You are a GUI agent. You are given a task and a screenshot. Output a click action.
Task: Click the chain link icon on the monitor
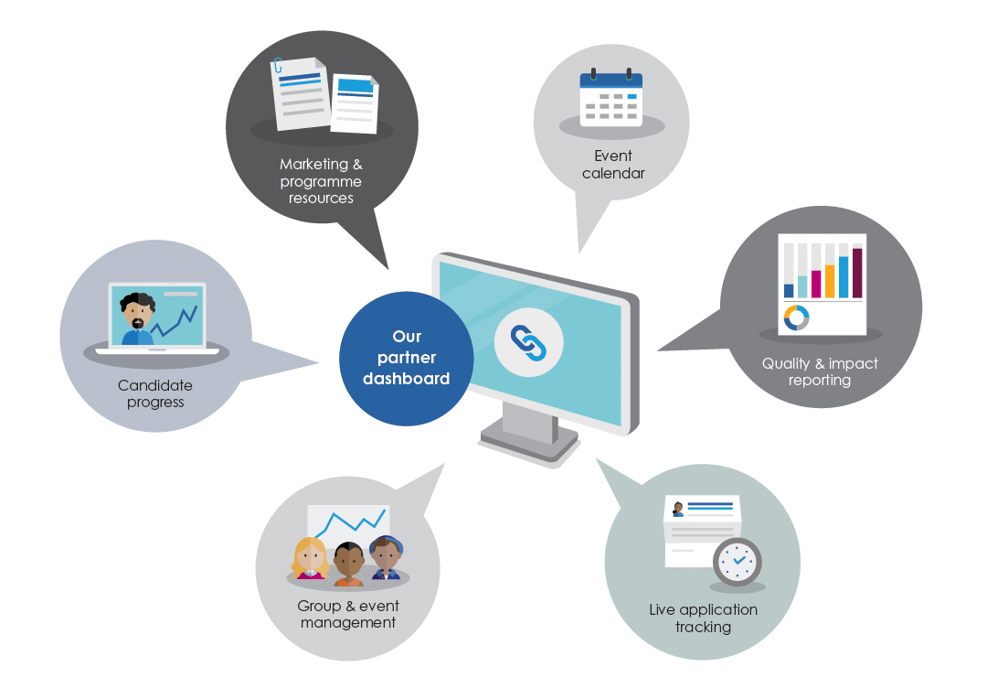pyautogui.click(x=529, y=343)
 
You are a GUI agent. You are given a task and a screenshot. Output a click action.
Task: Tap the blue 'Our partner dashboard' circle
pyautogui.click(x=407, y=358)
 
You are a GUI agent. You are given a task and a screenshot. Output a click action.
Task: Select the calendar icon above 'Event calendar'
pyautogui.click(x=610, y=97)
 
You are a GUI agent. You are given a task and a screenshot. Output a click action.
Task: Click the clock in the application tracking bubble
pyautogui.click(x=738, y=561)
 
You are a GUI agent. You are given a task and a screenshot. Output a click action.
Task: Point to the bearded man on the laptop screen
pyautogui.click(x=137, y=318)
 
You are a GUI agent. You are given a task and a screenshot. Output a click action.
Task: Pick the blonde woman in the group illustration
pyautogui.click(x=310, y=558)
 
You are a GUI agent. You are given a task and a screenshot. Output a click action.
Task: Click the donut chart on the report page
pyautogui.click(x=796, y=317)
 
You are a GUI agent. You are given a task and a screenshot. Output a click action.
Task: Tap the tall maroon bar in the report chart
pyautogui.click(x=857, y=273)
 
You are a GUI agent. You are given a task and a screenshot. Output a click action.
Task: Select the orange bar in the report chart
pyautogui.click(x=830, y=281)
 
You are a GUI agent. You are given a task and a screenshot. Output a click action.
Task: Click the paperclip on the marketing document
pyautogui.click(x=278, y=65)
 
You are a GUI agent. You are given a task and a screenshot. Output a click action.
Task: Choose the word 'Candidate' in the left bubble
pyautogui.click(x=154, y=385)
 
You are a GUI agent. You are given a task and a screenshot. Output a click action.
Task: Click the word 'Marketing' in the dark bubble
pyautogui.click(x=313, y=164)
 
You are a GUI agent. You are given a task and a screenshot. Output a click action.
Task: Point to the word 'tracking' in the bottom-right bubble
pyautogui.click(x=703, y=627)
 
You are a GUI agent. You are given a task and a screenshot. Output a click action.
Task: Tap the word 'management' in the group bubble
pyautogui.click(x=348, y=623)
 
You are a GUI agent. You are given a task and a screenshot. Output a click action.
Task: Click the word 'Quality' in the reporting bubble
pyautogui.click(x=786, y=364)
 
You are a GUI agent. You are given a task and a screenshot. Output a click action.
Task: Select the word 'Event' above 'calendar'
pyautogui.click(x=613, y=156)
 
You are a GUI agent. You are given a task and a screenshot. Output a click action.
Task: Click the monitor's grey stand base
pyautogui.click(x=529, y=441)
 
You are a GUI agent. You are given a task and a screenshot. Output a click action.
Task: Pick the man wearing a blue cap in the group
pyautogui.click(x=386, y=556)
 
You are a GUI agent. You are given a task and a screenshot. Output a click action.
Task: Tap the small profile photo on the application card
pyautogui.click(x=678, y=509)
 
